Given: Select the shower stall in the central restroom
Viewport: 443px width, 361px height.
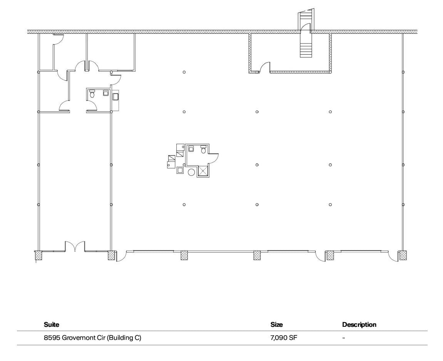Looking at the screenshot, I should [203, 171].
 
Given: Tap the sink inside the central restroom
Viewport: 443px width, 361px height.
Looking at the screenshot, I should [191, 148].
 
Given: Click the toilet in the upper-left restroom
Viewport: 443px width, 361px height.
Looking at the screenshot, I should [92, 93].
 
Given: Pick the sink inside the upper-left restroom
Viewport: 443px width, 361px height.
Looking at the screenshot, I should [105, 93].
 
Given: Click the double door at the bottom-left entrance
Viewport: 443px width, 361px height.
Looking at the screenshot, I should [75, 246].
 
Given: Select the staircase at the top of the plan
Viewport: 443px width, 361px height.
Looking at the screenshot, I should [306, 38].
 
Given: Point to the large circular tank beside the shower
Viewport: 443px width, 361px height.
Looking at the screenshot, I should [191, 172].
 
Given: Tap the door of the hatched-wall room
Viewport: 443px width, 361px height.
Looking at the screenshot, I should [264, 68].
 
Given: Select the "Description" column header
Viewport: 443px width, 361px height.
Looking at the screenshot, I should [359, 324].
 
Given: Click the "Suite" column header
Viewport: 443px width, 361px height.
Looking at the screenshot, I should [52, 324].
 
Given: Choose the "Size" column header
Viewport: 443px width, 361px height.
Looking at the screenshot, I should [276, 324].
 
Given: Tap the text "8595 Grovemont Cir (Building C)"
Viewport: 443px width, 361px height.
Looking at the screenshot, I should [92, 338].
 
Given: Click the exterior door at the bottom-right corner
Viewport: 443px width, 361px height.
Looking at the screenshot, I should [393, 256].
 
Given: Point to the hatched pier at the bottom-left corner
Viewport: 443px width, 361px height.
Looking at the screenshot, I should [38, 255].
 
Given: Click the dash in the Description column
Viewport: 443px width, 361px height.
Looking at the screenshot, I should [344, 338].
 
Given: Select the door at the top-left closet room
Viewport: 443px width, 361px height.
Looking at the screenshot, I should [58, 39].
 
